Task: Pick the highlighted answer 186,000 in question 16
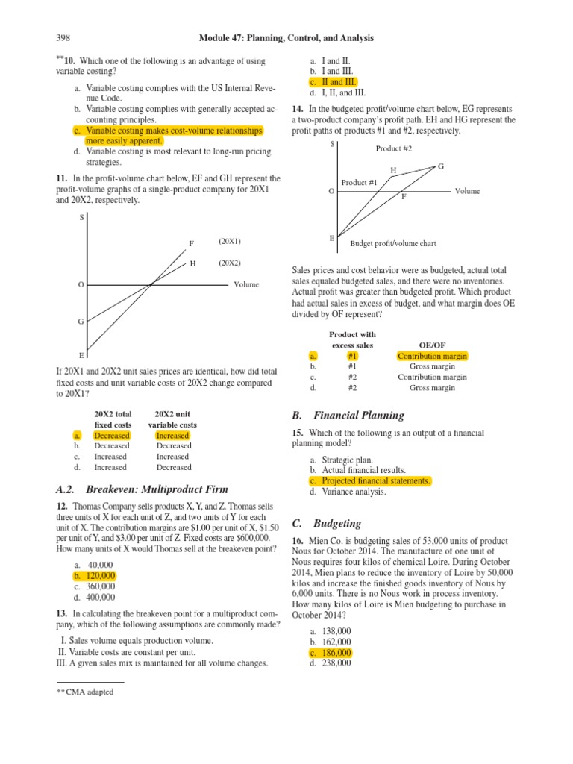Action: click(x=336, y=652)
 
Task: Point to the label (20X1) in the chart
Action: click(x=230, y=242)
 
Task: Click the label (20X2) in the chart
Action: click(x=230, y=263)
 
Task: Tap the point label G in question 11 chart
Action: click(x=81, y=322)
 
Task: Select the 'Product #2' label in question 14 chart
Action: click(x=394, y=148)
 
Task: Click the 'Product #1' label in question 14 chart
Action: click(x=360, y=182)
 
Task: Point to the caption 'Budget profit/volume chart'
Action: click(x=393, y=243)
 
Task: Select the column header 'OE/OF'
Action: click(x=432, y=345)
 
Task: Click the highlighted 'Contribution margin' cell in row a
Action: click(x=432, y=356)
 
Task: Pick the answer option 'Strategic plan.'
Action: click(x=347, y=460)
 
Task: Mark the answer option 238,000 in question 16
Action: click(x=336, y=663)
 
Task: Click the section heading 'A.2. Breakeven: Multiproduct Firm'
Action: click(x=142, y=489)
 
